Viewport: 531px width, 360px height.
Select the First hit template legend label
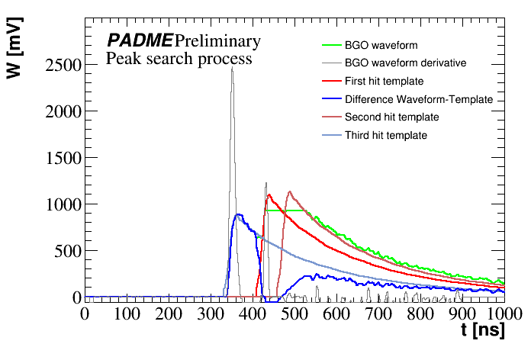pos(384,81)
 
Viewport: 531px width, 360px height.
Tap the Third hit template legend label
pos(385,136)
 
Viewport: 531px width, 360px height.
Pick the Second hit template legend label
pos(391,117)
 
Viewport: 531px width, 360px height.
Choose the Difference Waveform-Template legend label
pos(419,99)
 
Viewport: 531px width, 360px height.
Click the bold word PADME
pos(140,41)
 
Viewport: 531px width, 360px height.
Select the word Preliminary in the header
pos(217,41)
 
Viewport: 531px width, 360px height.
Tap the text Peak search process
pos(179,58)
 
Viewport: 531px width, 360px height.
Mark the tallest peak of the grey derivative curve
pos(232,68)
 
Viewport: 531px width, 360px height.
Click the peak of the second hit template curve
pos(290,191)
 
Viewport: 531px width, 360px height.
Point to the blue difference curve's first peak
pos(239,214)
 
